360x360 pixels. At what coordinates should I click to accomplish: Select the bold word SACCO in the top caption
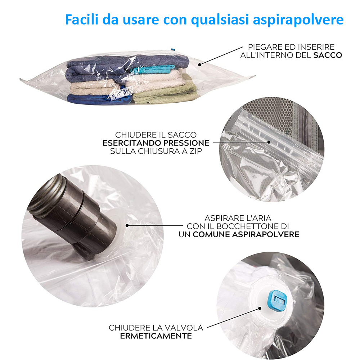(x=328, y=55)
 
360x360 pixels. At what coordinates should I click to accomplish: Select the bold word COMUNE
(x=211, y=234)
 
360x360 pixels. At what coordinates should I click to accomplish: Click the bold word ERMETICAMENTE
(x=156, y=336)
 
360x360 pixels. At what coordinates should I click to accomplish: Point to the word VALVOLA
(x=184, y=328)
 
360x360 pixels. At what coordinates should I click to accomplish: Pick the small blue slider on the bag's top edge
(x=173, y=49)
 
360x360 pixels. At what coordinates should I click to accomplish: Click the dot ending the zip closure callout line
(x=269, y=142)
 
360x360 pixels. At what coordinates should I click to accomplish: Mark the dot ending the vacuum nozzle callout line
(x=127, y=225)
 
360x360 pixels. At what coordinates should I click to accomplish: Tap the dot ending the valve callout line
(x=260, y=309)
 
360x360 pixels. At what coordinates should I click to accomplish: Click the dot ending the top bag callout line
(x=199, y=65)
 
